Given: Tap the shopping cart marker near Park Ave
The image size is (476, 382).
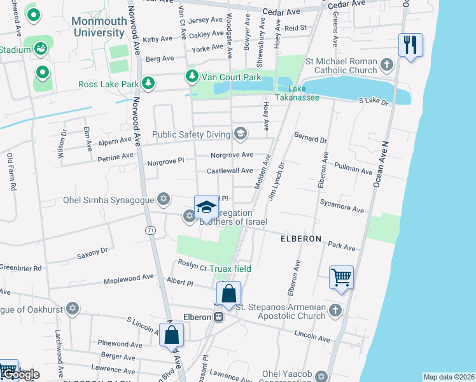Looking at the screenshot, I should point(342,278).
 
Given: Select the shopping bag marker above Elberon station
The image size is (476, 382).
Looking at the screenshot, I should point(228,294).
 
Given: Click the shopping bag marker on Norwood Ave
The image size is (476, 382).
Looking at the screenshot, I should point(171,335).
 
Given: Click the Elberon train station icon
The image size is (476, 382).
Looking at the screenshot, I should point(218,316).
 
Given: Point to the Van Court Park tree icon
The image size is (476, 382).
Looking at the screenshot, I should point(192,77).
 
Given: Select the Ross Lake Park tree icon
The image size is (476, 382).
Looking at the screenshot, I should point(148,83).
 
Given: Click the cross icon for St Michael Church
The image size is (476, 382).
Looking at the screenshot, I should point(387,64).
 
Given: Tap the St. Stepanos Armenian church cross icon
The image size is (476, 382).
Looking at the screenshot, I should point(335,311).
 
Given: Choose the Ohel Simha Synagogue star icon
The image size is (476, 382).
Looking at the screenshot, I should point(164,200).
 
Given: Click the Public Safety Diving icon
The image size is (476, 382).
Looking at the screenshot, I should point(240,134).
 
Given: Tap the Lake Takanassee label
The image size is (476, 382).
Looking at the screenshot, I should point(297,93).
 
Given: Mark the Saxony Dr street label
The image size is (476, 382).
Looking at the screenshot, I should point(92,253).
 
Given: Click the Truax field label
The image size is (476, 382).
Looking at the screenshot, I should point(230,269).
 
